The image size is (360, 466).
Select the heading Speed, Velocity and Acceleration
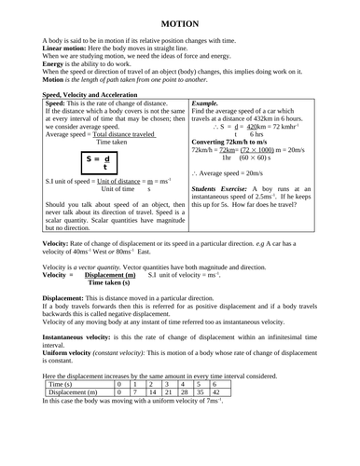(x=90, y=94)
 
